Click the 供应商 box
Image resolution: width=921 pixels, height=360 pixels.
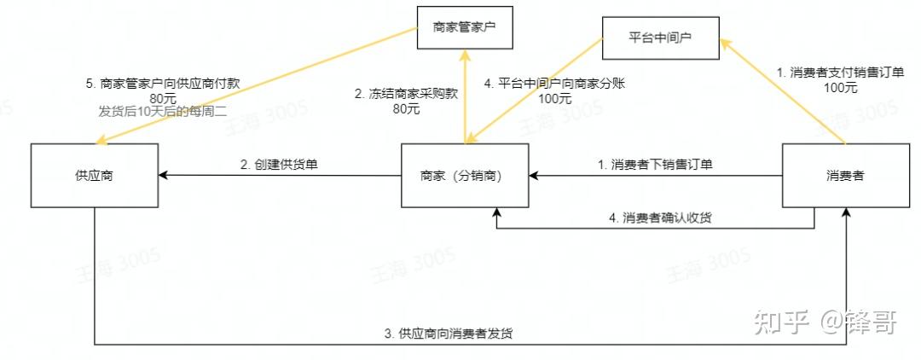tap(94, 176)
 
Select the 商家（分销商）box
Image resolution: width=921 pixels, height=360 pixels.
tap(465, 176)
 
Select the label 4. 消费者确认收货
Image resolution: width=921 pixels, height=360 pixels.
tap(661, 218)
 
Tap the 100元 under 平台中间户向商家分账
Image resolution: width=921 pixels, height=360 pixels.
tap(555, 99)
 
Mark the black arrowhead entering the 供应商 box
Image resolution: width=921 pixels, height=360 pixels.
tap(163, 176)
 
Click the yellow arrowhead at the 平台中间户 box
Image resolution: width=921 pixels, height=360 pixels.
tap(722, 42)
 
